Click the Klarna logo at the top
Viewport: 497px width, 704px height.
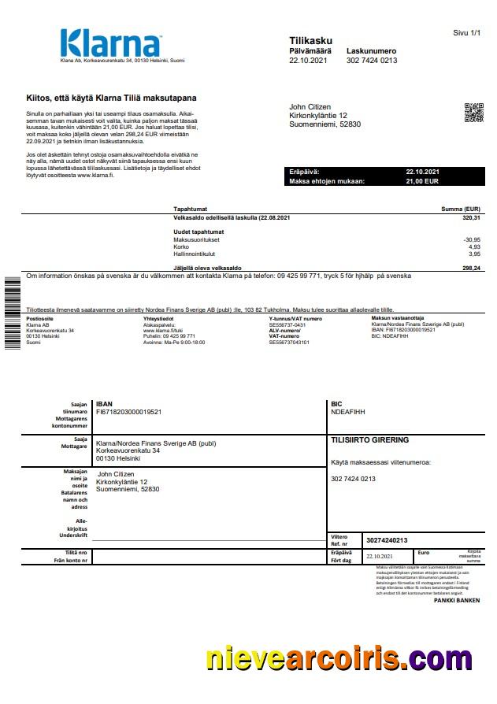(110, 43)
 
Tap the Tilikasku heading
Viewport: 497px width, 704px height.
(311, 40)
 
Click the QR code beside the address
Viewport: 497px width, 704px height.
(473, 113)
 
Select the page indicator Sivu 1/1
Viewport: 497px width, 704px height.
(466, 33)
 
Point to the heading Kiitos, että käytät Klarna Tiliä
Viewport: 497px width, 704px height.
(111, 98)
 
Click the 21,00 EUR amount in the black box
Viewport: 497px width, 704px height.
(423, 181)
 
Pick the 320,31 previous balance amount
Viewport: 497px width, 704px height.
(471, 217)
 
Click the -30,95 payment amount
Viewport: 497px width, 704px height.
(472, 239)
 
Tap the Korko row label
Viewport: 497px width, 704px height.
(181, 246)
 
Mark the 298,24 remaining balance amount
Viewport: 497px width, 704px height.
(471, 269)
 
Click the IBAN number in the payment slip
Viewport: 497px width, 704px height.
(128, 411)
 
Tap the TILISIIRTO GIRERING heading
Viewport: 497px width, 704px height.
(369, 440)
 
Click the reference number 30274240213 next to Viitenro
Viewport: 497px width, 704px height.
(387, 540)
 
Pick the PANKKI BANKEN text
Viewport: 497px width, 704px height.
(456, 600)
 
